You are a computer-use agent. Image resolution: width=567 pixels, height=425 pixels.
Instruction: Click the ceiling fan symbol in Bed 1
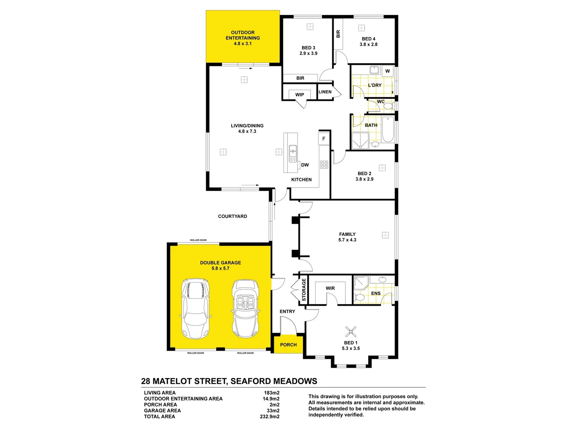point(351,332)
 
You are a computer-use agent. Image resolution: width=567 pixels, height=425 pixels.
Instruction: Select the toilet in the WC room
point(388,106)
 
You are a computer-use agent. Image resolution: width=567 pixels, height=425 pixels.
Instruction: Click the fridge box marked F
point(324,139)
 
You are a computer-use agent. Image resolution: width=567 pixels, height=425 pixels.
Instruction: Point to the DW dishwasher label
point(305,165)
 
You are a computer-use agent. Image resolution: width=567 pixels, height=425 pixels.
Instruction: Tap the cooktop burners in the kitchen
point(324,165)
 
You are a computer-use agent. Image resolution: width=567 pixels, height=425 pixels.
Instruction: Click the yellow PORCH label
point(288,345)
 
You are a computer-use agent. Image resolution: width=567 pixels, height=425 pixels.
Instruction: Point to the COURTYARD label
point(232,216)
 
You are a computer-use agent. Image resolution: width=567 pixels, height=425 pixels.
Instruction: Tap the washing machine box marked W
point(387,71)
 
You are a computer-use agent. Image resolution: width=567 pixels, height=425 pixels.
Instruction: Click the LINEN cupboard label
point(325,92)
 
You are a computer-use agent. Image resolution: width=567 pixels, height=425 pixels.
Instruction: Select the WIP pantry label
point(300,95)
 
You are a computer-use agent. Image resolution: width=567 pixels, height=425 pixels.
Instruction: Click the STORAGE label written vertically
point(304,290)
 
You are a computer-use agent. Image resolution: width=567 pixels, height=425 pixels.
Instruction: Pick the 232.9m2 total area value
point(270,416)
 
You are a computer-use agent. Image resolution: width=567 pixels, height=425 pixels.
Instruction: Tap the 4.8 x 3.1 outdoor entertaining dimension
point(243,44)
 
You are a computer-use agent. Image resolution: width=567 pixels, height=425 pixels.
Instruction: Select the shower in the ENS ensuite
point(361,283)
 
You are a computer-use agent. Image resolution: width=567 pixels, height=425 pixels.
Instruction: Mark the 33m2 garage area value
point(273,410)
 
